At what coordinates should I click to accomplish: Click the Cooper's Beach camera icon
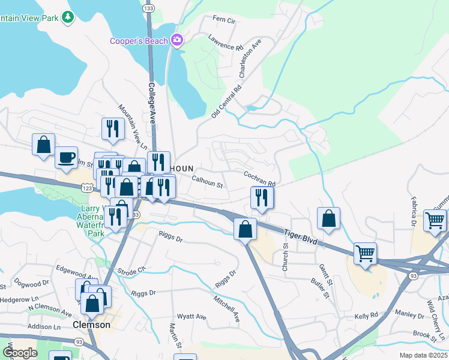(x=177, y=40)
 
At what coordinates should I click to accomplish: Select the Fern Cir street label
(x=224, y=20)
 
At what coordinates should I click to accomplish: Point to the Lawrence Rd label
(x=226, y=41)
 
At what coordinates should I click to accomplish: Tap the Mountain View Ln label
(x=132, y=127)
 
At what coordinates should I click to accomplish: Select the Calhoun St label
(x=208, y=181)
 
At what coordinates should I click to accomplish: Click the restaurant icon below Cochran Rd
(x=262, y=197)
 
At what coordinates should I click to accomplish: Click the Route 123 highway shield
(x=88, y=187)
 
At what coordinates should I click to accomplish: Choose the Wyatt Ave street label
(x=191, y=317)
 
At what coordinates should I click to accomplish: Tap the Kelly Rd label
(x=366, y=315)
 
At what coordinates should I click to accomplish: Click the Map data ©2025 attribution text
(x=423, y=355)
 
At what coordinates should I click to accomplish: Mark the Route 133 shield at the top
(x=149, y=8)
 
